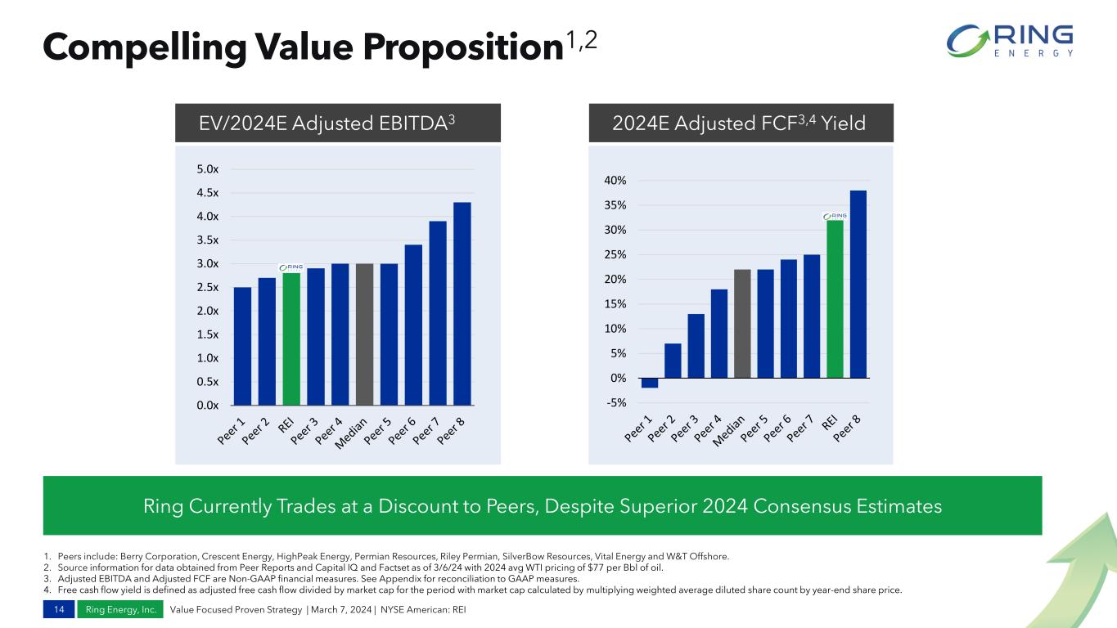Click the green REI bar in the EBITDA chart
tap(291, 339)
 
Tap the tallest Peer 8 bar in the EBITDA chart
tap(462, 303)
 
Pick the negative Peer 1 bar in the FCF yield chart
tap(650, 383)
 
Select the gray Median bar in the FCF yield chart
tap(742, 324)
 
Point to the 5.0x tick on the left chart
tap(208, 169)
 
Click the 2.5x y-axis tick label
tap(208, 287)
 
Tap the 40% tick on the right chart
tap(615, 180)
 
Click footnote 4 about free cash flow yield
tap(475, 590)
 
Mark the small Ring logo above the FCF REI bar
tap(835, 216)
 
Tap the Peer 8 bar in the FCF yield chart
tap(858, 284)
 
